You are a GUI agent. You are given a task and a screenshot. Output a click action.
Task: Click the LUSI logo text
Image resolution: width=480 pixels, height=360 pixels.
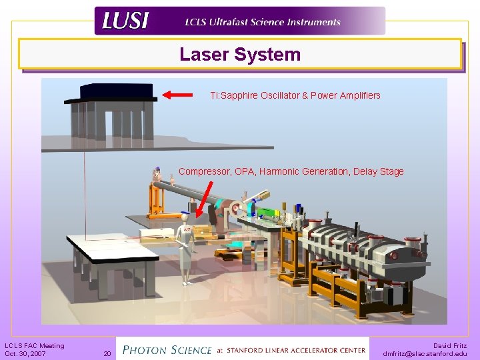click(x=125, y=21)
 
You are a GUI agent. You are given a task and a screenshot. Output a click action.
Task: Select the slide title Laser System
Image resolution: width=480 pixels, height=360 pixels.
click(x=240, y=55)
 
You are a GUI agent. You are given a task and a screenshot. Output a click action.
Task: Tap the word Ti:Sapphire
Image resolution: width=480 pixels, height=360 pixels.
click(x=232, y=95)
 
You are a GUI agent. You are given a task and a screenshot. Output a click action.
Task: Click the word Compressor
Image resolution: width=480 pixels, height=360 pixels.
click(x=204, y=171)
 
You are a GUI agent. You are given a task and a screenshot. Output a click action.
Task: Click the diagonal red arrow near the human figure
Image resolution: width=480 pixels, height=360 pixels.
click(x=205, y=199)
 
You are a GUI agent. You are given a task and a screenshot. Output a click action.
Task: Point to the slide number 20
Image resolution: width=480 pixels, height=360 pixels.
click(x=106, y=353)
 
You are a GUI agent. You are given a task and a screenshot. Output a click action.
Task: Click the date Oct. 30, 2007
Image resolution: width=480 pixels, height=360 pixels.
click(x=25, y=353)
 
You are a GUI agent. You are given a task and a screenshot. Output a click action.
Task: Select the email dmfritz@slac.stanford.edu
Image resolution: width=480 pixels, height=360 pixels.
click(x=425, y=353)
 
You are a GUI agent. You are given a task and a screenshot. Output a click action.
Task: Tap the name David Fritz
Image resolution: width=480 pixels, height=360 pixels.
click(x=450, y=345)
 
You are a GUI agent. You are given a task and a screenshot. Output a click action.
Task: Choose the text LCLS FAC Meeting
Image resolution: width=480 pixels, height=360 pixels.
click(x=35, y=345)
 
